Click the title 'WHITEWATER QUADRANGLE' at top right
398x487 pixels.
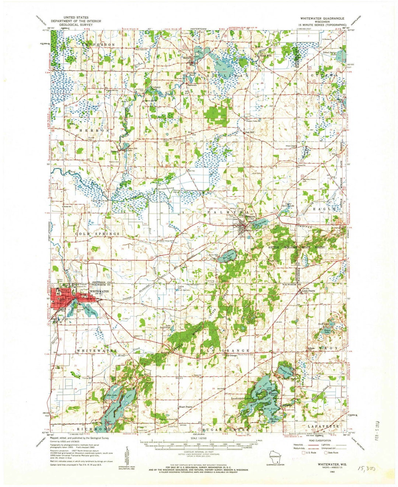322,18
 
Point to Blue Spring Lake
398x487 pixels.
226,257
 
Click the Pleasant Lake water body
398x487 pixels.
286,369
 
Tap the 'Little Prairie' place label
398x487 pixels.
309,291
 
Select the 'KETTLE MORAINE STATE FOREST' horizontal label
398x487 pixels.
296,247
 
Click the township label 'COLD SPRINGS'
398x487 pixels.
98,234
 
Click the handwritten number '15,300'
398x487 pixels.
366,469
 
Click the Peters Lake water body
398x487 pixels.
326,331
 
